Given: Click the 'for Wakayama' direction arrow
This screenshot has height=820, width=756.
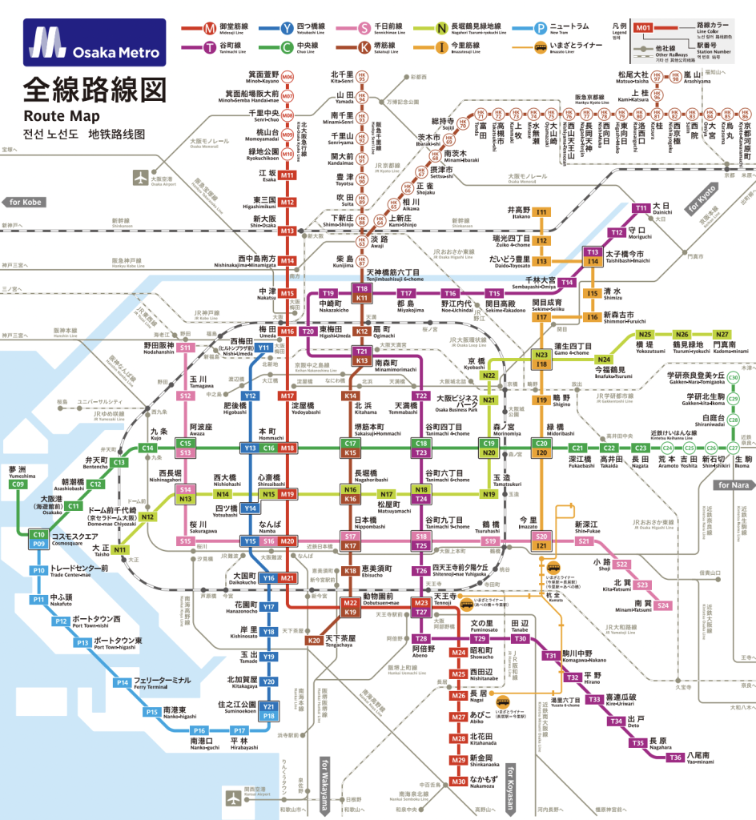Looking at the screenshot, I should [325, 784].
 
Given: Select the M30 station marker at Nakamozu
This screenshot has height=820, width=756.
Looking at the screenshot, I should [458, 782].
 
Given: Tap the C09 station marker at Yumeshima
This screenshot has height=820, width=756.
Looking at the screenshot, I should [19, 484].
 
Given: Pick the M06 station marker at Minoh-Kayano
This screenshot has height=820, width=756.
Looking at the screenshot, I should [288, 77].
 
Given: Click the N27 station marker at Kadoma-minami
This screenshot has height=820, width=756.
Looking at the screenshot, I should [722, 335].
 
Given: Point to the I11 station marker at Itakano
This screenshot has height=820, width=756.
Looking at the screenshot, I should [542, 212].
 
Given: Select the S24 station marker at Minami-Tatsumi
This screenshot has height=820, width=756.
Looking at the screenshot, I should [662, 605].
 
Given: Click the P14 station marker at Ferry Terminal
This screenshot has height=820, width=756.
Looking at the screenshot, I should [122, 683].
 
